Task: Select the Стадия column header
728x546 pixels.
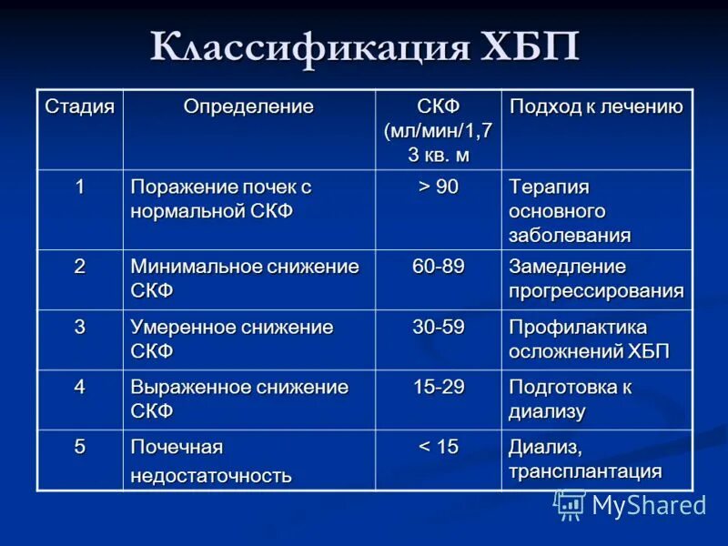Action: click(x=80, y=106)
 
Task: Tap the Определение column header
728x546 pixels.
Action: click(x=248, y=106)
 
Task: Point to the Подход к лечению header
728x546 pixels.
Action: click(x=596, y=106)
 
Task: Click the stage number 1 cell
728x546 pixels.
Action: click(x=80, y=187)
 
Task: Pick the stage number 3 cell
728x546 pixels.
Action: click(x=80, y=327)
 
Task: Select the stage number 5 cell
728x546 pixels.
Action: click(x=80, y=447)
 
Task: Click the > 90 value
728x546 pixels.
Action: click(x=439, y=187)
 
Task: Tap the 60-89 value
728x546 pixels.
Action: click(x=439, y=267)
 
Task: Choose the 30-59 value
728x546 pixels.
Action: click(x=439, y=327)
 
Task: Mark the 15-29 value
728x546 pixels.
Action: click(x=439, y=387)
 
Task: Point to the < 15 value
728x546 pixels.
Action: click(x=439, y=447)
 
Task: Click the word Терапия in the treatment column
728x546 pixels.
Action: click(x=549, y=187)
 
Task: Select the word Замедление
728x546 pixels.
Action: click(x=567, y=267)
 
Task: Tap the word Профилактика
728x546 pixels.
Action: click(x=578, y=327)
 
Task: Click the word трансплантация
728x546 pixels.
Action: click(x=585, y=471)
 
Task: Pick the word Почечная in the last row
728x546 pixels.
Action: click(x=177, y=447)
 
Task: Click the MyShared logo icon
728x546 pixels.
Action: click(x=571, y=505)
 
